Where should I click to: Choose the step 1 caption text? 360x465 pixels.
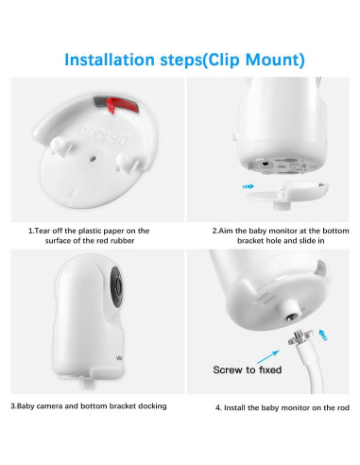tap(88, 235)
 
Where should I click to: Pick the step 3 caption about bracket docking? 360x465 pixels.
tap(88, 405)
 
